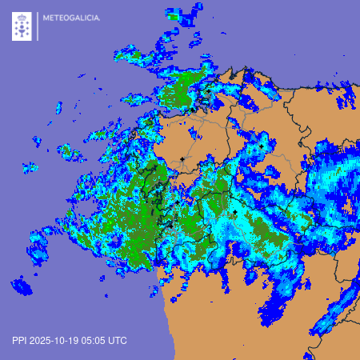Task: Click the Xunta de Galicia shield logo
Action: pyautogui.click(x=22, y=27)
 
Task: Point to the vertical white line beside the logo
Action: pyautogui.click(x=37, y=26)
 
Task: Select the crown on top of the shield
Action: pyautogui.click(x=22, y=15)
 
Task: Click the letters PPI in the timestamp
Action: pyautogui.click(x=19, y=340)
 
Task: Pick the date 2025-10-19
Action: pyautogui.click(x=56, y=340)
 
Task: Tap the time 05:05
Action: pyautogui.click(x=96, y=340)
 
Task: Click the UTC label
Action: pyautogui.click(x=118, y=340)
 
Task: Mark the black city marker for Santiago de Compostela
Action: pyautogui.click(x=182, y=159)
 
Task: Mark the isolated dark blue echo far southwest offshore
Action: pyautogui.click(x=22, y=286)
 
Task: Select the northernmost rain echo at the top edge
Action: pyautogui.click(x=172, y=13)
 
